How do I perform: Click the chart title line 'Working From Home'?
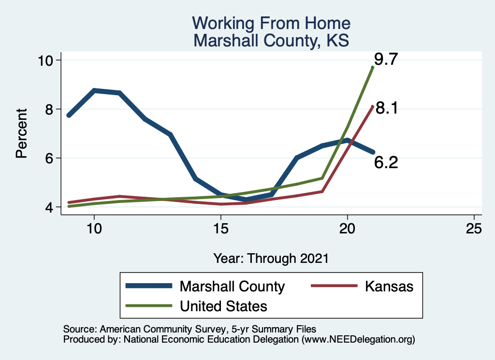[271, 23]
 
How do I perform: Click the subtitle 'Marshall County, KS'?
[271, 40]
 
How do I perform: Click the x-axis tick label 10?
[94, 228]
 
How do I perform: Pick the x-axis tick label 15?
[221, 228]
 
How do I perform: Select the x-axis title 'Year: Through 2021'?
[271, 258]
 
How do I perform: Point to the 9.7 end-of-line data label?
[386, 59]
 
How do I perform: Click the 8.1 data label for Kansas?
[386, 108]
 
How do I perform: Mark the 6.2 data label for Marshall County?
[386, 163]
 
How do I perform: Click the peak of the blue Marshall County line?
[94, 90]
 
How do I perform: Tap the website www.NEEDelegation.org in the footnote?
[358, 339]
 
